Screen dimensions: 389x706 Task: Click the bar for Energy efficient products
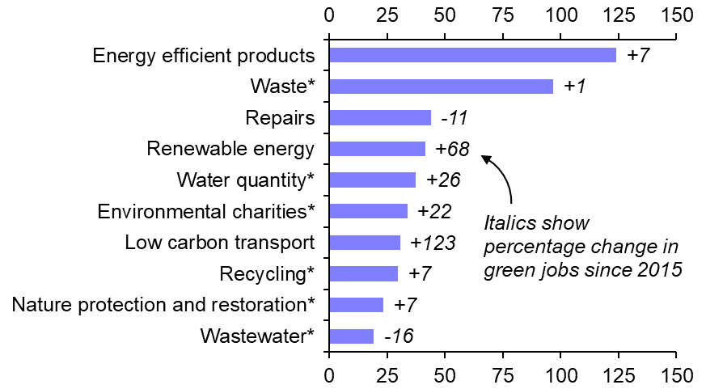(472, 55)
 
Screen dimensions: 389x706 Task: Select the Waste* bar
(441, 87)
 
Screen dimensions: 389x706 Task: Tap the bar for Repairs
(380, 118)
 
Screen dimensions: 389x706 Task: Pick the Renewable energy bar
(377, 149)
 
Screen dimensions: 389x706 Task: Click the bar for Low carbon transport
(365, 243)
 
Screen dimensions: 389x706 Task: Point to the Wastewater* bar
(351, 336)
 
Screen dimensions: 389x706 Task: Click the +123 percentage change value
(433, 243)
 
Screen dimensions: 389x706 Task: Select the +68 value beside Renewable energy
(453, 149)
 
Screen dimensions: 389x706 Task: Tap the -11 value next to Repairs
(454, 118)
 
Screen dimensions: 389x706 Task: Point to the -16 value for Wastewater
(398, 336)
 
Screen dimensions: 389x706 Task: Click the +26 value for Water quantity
(443, 180)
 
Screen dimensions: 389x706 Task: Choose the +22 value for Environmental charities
(434, 212)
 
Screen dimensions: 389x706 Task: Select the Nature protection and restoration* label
(163, 305)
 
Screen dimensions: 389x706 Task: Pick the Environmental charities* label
(205, 212)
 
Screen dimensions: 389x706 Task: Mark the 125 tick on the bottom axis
(618, 376)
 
